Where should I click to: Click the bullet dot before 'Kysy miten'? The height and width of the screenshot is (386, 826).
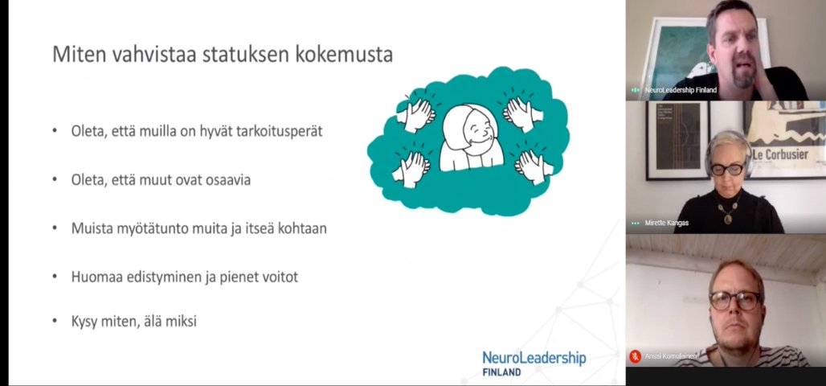[55, 322]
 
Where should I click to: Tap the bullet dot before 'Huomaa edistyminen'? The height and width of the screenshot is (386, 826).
[55, 277]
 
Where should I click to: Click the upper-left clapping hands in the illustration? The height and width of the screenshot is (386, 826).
[416, 113]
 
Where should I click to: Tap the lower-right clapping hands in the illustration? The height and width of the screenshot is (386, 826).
[530, 165]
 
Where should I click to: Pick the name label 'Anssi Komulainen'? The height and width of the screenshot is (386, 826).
[671, 355]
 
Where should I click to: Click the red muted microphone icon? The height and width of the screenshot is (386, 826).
[635, 355]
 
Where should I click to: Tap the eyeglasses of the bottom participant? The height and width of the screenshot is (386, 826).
[734, 301]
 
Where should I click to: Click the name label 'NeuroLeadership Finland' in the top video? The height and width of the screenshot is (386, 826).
[680, 90]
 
